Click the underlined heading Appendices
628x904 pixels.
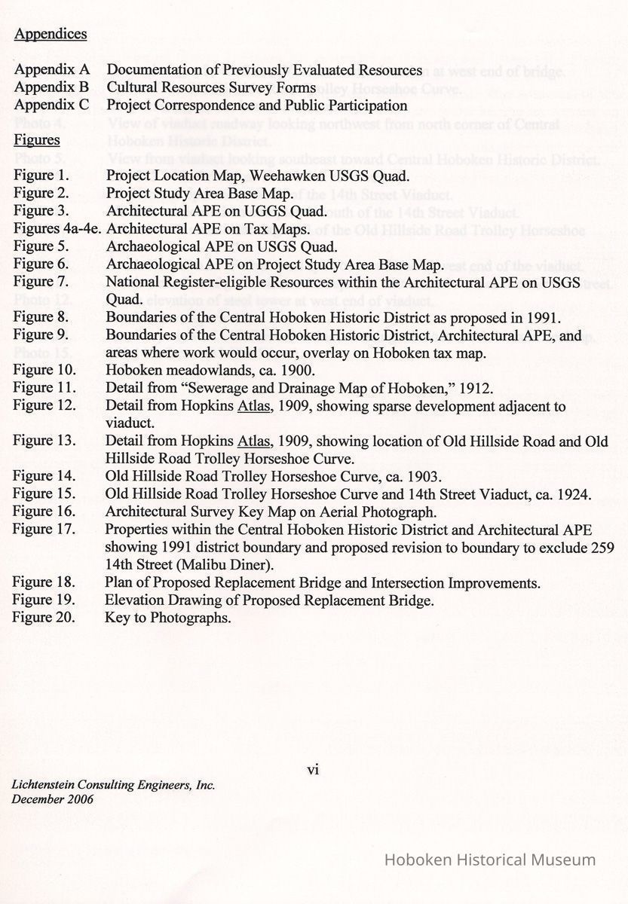coord(51,34)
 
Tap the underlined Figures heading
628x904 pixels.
coord(38,140)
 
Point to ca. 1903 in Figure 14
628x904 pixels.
coord(415,476)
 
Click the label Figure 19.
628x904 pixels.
coord(44,600)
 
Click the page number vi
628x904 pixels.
coord(314,769)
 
